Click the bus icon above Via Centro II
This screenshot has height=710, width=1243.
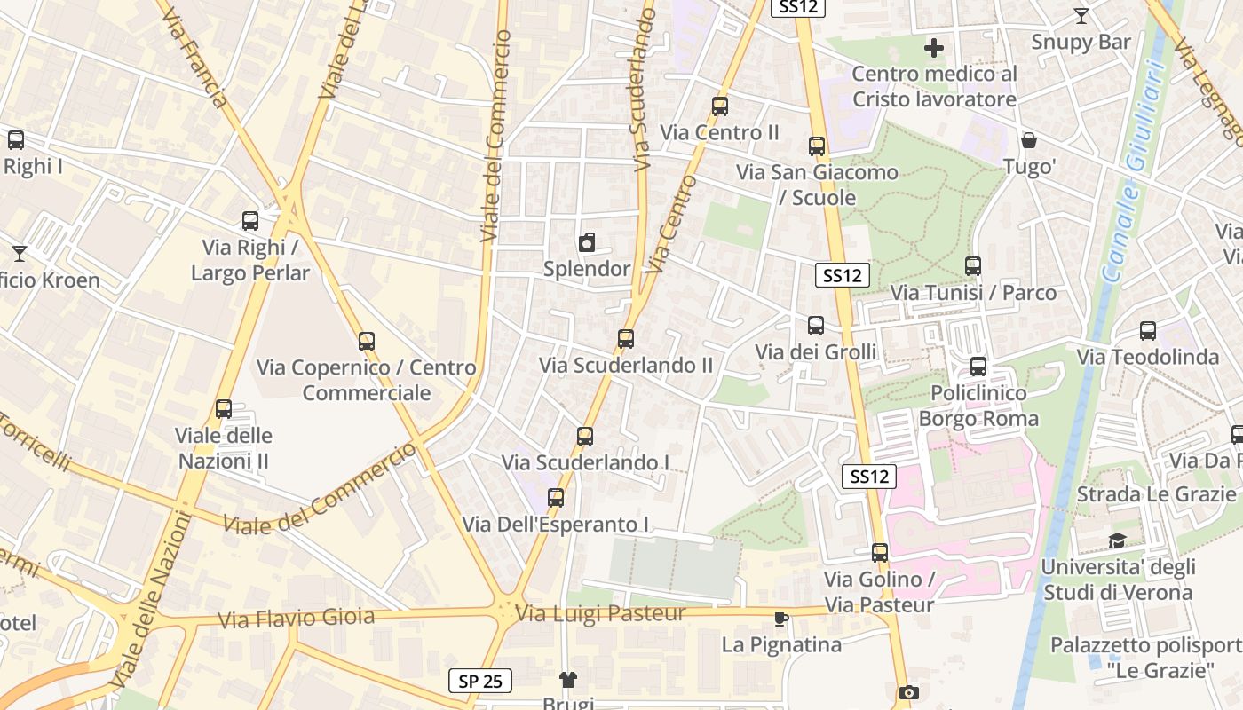tap(720, 106)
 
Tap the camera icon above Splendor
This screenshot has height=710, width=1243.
tap(587, 243)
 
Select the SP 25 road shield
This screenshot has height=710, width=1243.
tap(480, 681)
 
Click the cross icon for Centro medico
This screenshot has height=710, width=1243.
tap(934, 47)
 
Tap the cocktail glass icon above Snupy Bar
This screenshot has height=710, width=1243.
tap(1081, 16)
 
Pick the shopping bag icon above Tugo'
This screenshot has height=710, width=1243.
tap(1029, 140)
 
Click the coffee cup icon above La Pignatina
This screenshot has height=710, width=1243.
tap(780, 619)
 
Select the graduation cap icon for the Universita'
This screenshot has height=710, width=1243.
tap(1117, 540)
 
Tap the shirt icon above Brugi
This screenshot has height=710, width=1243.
tap(568, 680)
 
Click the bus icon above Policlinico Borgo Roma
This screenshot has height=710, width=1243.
tap(978, 366)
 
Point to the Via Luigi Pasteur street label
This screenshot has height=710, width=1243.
tap(601, 613)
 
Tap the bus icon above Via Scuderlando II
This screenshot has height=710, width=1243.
tap(626, 338)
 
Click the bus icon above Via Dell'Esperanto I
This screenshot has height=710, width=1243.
tap(556, 497)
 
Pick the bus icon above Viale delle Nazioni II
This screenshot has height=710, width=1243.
tap(224, 409)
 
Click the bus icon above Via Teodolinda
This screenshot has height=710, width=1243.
tap(1148, 331)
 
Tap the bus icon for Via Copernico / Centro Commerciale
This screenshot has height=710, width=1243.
tap(367, 341)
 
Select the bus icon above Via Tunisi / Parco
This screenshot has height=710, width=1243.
tap(973, 265)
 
